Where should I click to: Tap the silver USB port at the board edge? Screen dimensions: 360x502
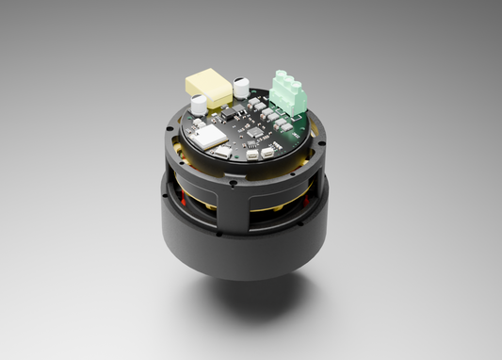(x=219, y=153)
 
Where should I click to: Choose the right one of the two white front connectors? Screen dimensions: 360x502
(x=268, y=150)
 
